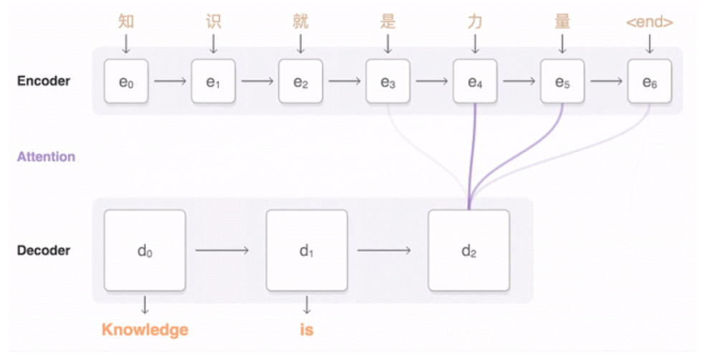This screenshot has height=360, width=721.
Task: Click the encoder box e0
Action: click(x=126, y=82)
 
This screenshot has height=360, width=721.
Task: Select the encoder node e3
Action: click(x=387, y=82)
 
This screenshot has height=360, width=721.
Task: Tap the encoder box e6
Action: click(x=649, y=82)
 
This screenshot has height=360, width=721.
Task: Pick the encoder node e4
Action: click(x=475, y=82)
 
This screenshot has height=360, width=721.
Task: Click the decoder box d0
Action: click(x=145, y=250)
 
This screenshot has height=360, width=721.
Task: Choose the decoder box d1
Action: click(x=306, y=250)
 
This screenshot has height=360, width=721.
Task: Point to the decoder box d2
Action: click(x=468, y=250)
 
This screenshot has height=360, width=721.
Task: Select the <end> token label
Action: click(x=649, y=22)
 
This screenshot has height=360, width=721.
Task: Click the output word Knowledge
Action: click(x=145, y=330)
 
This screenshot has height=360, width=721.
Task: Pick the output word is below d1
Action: click(x=306, y=330)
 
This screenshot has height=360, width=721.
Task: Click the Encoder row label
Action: click(x=44, y=81)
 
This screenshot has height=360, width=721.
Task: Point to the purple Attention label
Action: click(x=46, y=156)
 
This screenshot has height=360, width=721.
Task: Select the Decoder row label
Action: click(x=44, y=250)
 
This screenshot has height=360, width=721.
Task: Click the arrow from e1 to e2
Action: click(x=257, y=82)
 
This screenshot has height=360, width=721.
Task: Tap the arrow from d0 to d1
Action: click(x=222, y=250)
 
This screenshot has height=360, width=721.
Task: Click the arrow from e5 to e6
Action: click(x=605, y=82)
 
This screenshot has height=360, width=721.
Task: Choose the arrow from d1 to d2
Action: click(x=385, y=250)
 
